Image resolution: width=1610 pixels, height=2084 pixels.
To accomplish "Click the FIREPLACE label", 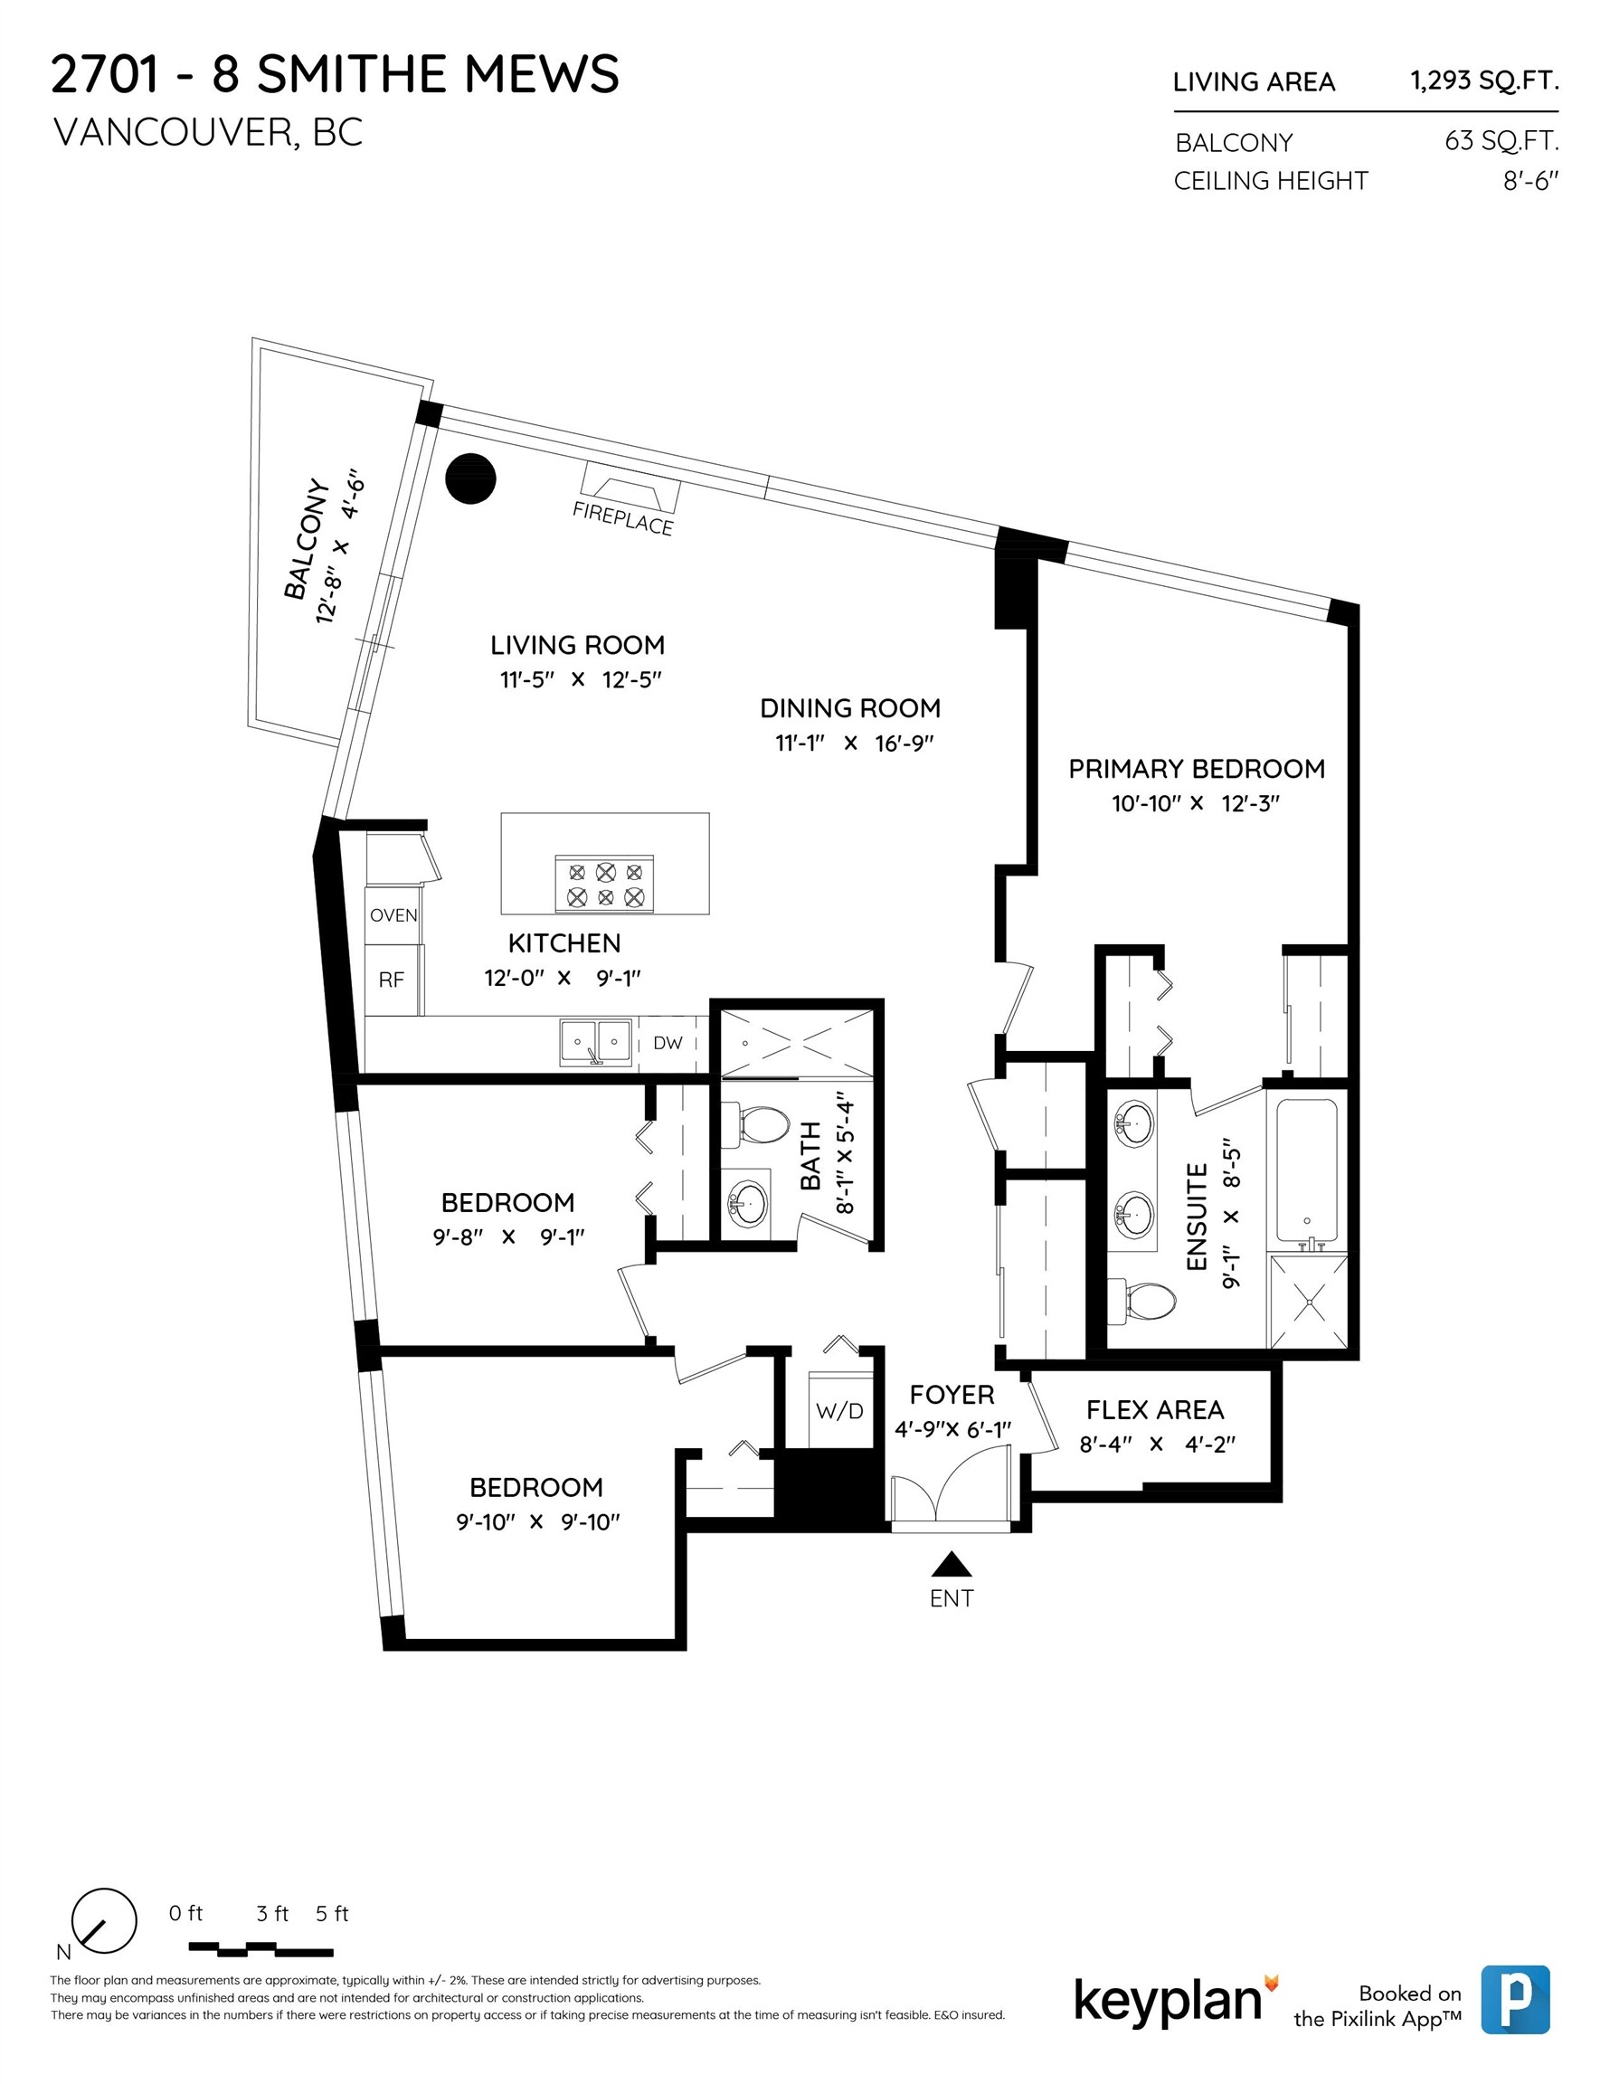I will click(622, 518).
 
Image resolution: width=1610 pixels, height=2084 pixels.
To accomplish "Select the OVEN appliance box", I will click(393, 915).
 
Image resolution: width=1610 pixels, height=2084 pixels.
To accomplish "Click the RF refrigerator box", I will click(392, 980).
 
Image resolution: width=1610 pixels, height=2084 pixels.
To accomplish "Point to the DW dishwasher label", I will click(668, 1043).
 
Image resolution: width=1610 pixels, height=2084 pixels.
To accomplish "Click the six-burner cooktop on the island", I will click(605, 884).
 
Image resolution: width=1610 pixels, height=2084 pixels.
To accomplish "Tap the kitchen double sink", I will click(595, 1043).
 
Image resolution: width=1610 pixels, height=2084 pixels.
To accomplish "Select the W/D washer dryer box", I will click(840, 1410).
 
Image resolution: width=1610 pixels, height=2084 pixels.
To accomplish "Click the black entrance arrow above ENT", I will click(951, 1564).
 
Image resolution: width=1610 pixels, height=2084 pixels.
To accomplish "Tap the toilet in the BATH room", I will click(761, 1126).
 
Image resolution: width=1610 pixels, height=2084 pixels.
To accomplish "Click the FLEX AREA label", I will click(1155, 1409).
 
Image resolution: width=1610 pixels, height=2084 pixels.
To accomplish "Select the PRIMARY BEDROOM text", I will click(1196, 769).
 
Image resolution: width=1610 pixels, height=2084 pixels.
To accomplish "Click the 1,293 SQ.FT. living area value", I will click(1484, 81).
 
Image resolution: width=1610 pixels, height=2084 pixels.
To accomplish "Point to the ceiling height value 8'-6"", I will click(1529, 180).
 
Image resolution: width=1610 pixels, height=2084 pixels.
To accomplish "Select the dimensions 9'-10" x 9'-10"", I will click(537, 1522).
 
